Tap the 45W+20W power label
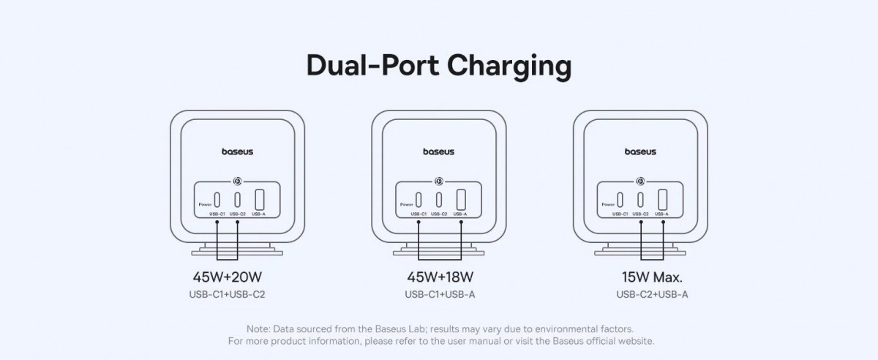(x=227, y=278)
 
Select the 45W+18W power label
(x=440, y=278)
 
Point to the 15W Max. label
(x=651, y=278)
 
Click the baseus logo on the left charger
(x=238, y=152)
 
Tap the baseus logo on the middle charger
(x=439, y=152)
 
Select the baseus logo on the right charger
(x=640, y=152)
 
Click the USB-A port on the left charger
(x=259, y=199)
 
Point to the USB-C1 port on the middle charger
(x=419, y=199)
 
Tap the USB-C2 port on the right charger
(x=641, y=199)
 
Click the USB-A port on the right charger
(x=662, y=199)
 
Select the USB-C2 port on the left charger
(x=238, y=199)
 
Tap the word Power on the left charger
(x=203, y=205)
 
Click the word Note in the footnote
(x=258, y=329)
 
